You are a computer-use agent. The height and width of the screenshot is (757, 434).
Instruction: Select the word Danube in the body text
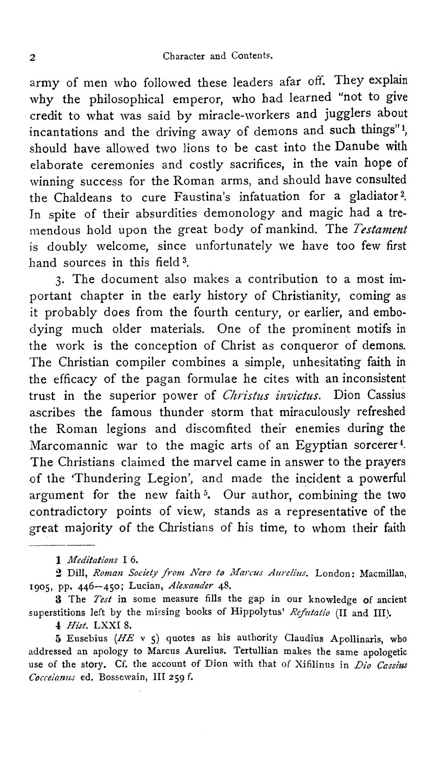point(356,147)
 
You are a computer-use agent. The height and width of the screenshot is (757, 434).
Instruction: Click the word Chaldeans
point(82,198)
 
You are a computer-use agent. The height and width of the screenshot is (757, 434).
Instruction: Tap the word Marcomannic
point(68,446)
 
